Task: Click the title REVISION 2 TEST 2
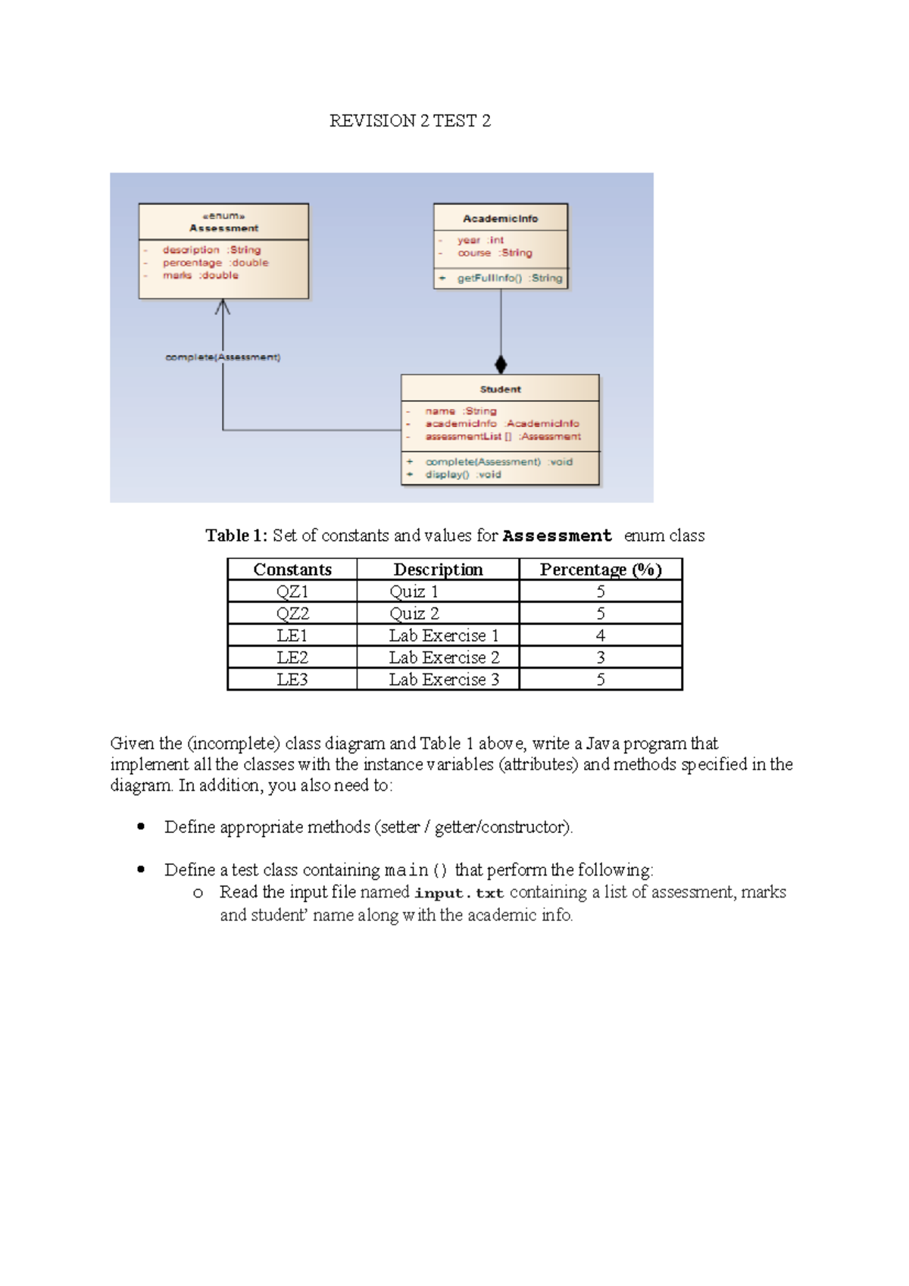click(x=410, y=121)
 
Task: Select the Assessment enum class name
click(x=223, y=228)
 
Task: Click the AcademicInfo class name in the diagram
click(x=500, y=219)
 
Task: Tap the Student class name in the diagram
click(x=500, y=389)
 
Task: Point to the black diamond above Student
click(x=501, y=364)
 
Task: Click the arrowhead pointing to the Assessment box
click(x=223, y=307)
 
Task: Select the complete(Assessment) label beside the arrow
click(x=223, y=357)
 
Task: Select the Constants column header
click(x=292, y=570)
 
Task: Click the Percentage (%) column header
click(x=600, y=570)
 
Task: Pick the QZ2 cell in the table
click(x=292, y=613)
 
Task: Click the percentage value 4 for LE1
click(x=600, y=635)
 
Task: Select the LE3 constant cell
click(x=292, y=679)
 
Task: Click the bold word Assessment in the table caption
click(x=557, y=536)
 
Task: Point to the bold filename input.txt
click(x=459, y=893)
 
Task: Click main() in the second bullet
click(x=417, y=870)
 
